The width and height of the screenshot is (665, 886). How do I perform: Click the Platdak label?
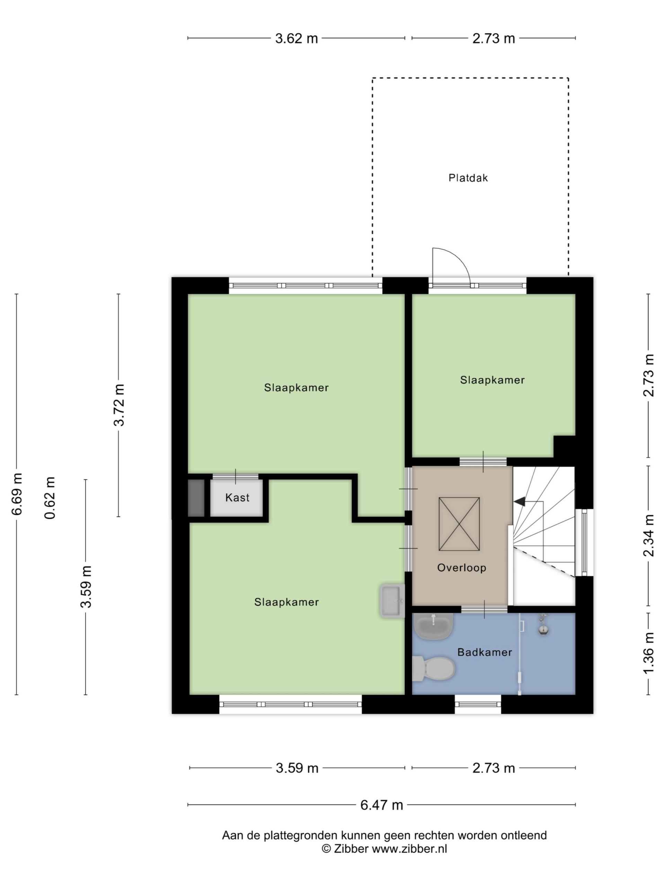[468, 178]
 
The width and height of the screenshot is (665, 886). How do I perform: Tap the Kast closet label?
[237, 497]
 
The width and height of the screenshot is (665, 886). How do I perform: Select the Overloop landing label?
[461, 568]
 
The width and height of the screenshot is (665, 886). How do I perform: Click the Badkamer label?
[485, 652]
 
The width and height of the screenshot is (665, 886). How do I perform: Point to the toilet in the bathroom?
[434, 668]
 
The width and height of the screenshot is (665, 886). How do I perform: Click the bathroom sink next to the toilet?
[433, 626]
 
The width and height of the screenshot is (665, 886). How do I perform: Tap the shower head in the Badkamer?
[543, 626]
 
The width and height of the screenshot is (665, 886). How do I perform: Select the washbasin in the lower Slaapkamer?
[392, 601]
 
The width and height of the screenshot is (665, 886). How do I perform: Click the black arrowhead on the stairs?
[520, 501]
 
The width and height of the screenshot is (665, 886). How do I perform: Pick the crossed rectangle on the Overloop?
[459, 524]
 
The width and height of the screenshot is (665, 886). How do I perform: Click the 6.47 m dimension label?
[381, 805]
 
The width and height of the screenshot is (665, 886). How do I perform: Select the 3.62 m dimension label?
[296, 38]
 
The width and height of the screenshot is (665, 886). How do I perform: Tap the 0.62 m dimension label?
[50, 498]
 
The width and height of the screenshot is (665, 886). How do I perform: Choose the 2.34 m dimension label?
[649, 535]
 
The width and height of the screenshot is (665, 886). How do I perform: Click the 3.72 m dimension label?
[119, 405]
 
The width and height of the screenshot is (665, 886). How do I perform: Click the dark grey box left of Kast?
[196, 498]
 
